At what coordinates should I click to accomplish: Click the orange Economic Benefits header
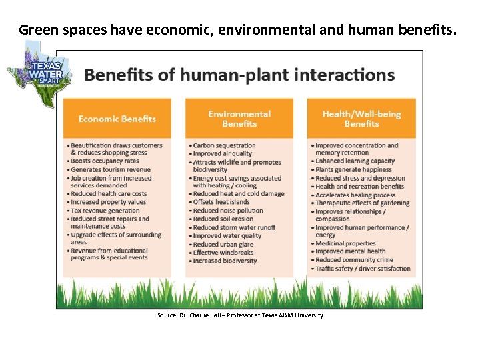tap(117, 119)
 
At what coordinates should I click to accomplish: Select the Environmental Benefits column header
tap(239, 119)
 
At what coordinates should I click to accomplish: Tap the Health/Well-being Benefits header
tap(361, 119)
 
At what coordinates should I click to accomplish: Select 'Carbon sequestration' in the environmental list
tap(224, 145)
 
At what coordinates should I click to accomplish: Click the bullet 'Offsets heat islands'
tap(221, 202)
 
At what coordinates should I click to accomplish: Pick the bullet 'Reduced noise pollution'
tap(228, 211)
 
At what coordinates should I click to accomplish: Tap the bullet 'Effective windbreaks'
tap(223, 253)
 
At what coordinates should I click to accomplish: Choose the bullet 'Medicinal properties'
tap(345, 244)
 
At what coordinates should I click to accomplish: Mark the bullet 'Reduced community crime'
tap(354, 260)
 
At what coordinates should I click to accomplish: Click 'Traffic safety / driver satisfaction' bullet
tap(363, 269)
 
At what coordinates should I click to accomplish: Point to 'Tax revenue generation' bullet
tap(106, 211)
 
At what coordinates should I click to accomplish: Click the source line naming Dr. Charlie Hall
tap(240, 315)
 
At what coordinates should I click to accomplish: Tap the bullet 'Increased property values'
tap(108, 202)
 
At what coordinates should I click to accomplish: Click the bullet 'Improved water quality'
tap(227, 235)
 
